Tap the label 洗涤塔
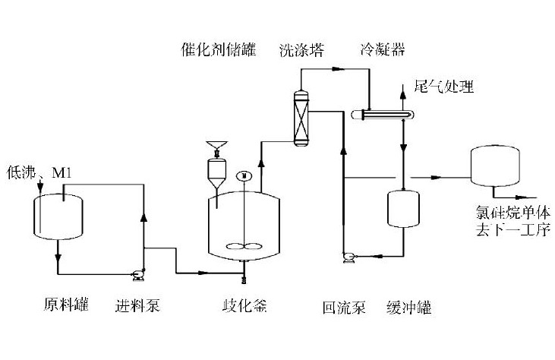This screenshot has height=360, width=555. (301, 51)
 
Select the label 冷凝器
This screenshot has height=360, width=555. (382, 51)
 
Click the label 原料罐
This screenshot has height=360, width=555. (66, 306)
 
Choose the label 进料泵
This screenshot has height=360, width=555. (137, 306)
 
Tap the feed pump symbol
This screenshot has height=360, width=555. (139, 273)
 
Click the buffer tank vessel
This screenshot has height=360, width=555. (403, 207)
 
